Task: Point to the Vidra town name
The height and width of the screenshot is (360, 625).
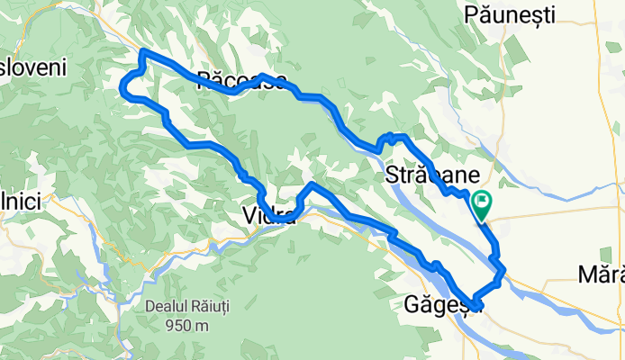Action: click(x=268, y=215)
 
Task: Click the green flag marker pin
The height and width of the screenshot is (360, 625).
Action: click(x=481, y=205)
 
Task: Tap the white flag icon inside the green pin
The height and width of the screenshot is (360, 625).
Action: click(x=481, y=201)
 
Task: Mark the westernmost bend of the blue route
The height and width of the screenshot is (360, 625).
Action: click(x=122, y=85)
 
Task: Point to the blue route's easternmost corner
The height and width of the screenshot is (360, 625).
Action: click(x=503, y=268)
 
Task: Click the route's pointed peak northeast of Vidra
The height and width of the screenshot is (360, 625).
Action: click(x=312, y=184)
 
